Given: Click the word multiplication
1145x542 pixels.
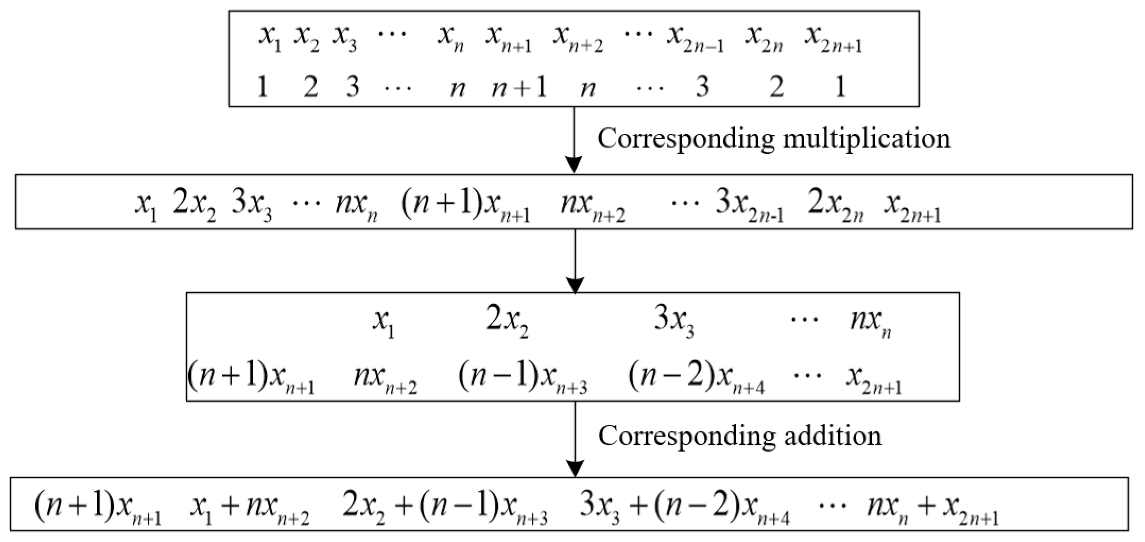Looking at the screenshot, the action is pyautogui.click(x=866, y=139).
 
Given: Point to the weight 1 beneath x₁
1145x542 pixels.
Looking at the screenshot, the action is pyautogui.click(x=263, y=87).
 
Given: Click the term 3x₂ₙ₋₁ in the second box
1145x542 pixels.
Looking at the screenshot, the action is pyautogui.click(x=749, y=208).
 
